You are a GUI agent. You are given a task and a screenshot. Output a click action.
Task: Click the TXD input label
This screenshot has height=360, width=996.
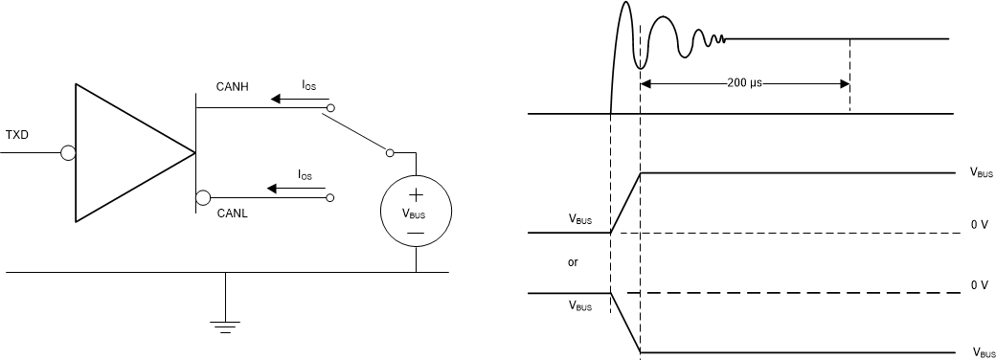tap(17, 134)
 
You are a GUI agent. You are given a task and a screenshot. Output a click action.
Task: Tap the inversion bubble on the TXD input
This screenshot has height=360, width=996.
tap(69, 153)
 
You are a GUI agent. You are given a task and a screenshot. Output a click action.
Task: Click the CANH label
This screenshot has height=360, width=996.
tap(232, 88)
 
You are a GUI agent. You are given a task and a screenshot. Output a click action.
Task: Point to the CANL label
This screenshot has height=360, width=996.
tap(232, 214)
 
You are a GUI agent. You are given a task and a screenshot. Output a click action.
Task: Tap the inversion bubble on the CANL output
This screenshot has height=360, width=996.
tap(203, 198)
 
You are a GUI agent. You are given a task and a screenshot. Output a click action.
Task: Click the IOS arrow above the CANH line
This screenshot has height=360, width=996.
tap(297, 98)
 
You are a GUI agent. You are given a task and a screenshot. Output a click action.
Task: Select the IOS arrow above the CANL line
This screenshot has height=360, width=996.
tap(297, 188)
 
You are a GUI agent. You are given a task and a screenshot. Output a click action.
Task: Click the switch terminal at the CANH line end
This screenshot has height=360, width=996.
tap(330, 109)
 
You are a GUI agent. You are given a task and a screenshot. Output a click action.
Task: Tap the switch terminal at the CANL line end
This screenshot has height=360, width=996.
tap(330, 198)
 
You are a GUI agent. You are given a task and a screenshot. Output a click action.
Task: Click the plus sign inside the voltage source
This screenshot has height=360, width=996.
tap(416, 197)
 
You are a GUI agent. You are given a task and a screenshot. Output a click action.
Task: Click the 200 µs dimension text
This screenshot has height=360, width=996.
tap(745, 84)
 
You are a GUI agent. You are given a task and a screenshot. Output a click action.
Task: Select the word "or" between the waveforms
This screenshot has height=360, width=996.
tap(574, 261)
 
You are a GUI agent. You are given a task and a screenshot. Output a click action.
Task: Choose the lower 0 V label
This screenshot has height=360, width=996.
tap(978, 285)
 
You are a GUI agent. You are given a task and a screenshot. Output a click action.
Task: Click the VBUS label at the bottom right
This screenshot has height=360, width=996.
tap(984, 352)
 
